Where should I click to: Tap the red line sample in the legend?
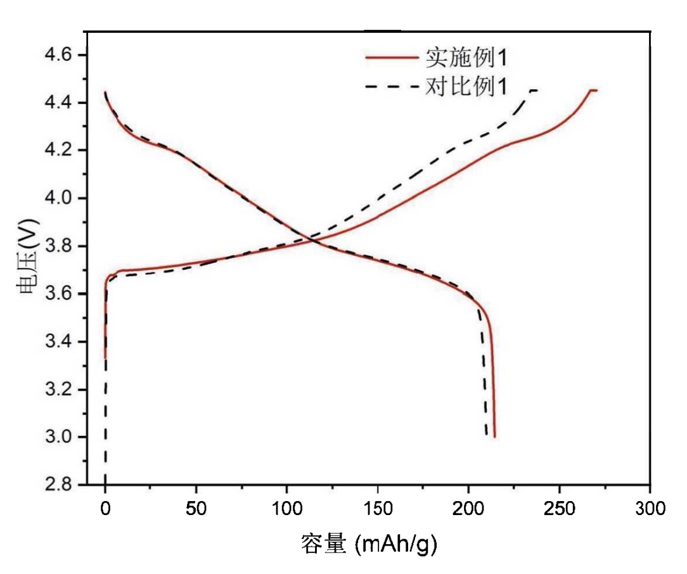(391, 58)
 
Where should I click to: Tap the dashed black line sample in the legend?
(391, 86)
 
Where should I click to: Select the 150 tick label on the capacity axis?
(378, 508)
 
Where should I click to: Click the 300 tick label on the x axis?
(650, 508)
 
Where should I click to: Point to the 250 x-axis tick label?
(559, 508)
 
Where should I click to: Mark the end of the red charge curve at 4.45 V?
(596, 91)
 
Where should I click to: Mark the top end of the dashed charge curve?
(537, 91)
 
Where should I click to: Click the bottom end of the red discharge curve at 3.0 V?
(494, 437)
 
